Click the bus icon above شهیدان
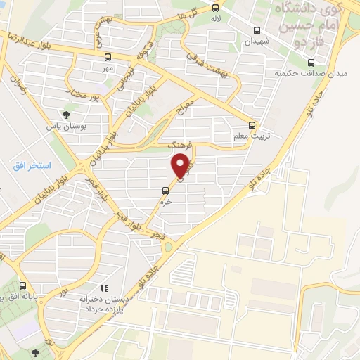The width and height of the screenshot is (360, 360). click(257, 31)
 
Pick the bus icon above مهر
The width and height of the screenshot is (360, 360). click(107, 57)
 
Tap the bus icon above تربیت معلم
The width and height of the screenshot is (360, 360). click(252, 126)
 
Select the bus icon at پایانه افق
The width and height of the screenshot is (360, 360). click(23, 285)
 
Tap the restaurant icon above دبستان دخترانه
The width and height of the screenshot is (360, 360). click(104, 288)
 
